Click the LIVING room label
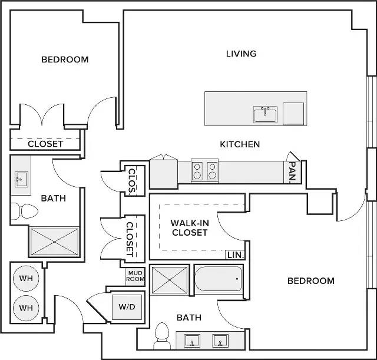(x=241, y=54)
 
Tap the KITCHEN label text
(x=240, y=144)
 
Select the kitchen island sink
(x=265, y=114)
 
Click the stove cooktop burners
(x=204, y=171)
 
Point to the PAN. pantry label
(x=292, y=171)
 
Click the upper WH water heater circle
(x=26, y=279)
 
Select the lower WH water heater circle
(x=26, y=308)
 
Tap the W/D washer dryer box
(x=127, y=307)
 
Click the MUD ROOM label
(x=135, y=276)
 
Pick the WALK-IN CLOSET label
(x=190, y=228)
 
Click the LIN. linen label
(x=236, y=255)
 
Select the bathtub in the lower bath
(x=218, y=279)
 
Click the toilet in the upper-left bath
(x=24, y=212)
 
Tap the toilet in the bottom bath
(x=162, y=336)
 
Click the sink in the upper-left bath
(x=21, y=179)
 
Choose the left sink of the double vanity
(x=192, y=341)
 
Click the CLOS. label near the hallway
(x=132, y=181)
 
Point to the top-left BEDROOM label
(x=65, y=60)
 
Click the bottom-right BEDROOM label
(x=311, y=281)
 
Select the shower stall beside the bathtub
(x=170, y=280)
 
